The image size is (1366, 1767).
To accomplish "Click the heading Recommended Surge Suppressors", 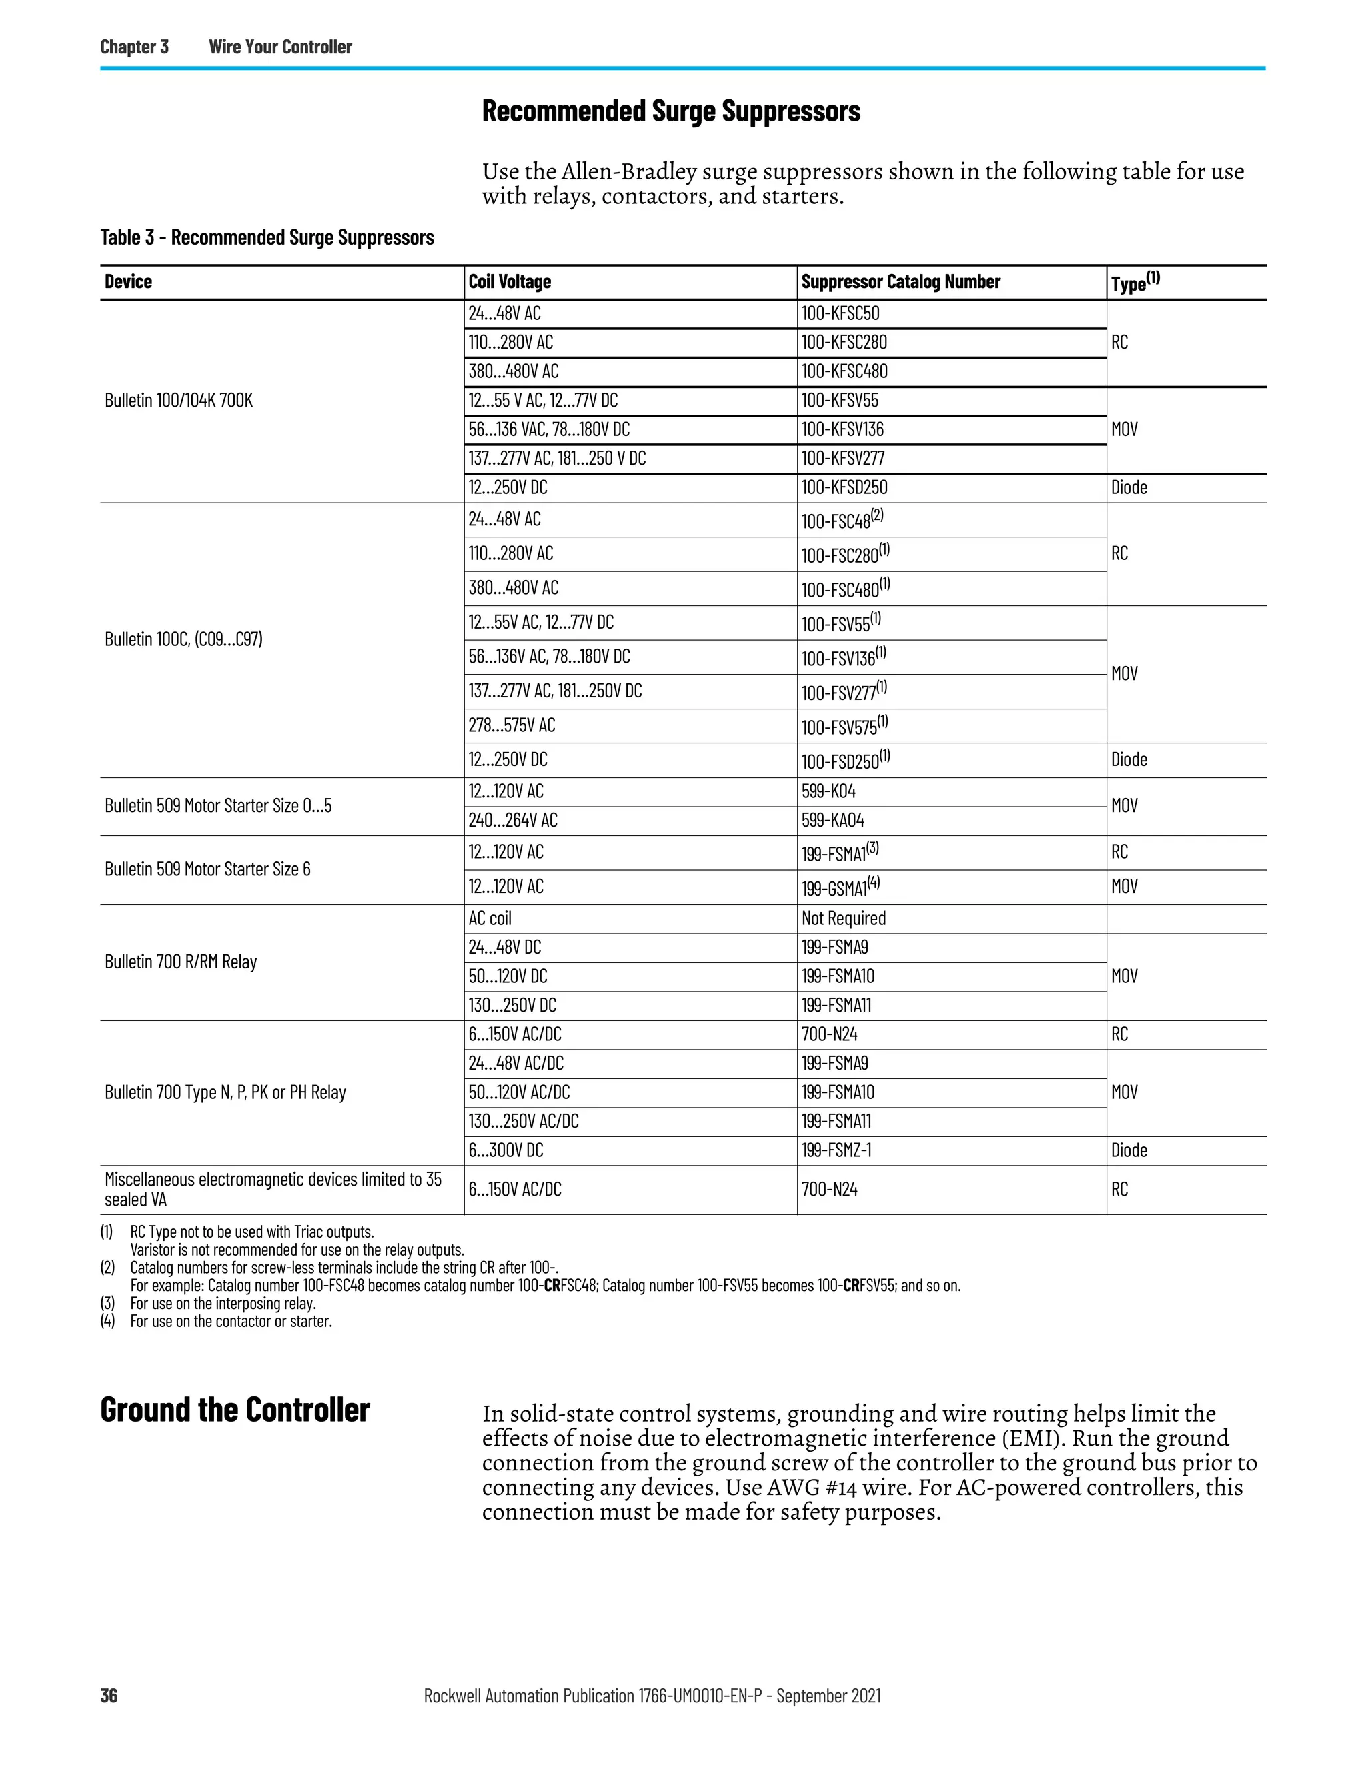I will pyautogui.click(x=670, y=111).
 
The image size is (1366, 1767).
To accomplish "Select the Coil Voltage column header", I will pyautogui.click(x=509, y=281).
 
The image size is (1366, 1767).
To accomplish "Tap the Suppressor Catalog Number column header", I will pyautogui.click(x=900, y=281).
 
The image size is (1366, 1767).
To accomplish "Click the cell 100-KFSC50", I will pyautogui.click(x=840, y=314).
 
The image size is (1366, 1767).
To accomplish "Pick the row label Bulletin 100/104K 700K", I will pyautogui.click(x=179, y=401).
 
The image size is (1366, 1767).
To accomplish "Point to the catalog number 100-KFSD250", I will pyautogui.click(x=844, y=488).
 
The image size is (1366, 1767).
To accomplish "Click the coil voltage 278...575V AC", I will pyautogui.click(x=512, y=725).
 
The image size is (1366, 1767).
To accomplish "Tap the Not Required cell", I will pyautogui.click(x=843, y=918).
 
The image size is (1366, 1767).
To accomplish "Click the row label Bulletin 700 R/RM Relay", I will pyautogui.click(x=181, y=962).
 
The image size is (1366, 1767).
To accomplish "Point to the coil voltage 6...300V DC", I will pyautogui.click(x=506, y=1150).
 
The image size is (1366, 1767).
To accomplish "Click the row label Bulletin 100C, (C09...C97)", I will pyautogui.click(x=183, y=640).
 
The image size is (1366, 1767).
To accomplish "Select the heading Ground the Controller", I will pyautogui.click(x=235, y=1410).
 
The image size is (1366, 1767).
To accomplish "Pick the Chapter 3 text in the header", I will pyautogui.click(x=134, y=47).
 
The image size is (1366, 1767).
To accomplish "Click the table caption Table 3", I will pyautogui.click(x=267, y=238).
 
